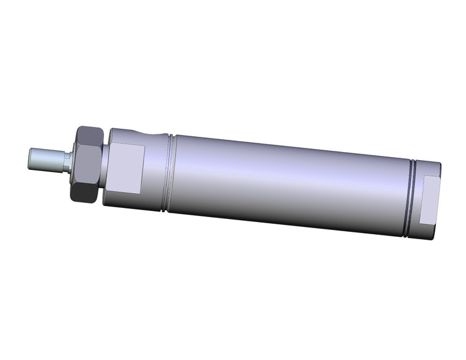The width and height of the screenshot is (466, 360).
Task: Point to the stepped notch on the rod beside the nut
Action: tap(67, 162)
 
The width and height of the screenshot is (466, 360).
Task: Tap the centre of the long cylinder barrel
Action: tap(288, 184)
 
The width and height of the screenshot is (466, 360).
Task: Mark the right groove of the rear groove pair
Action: tap(416, 198)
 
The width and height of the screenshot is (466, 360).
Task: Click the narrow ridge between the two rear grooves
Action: tap(413, 197)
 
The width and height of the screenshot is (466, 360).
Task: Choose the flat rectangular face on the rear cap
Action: tap(429, 200)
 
